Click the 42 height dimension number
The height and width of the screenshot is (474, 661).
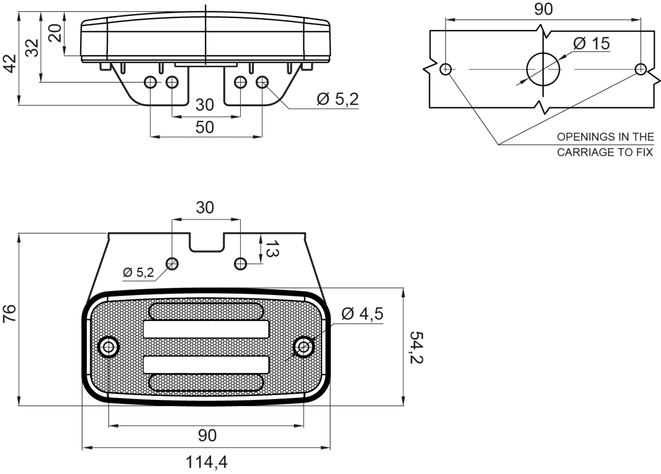[10, 63]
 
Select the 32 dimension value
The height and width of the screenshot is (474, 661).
[32, 47]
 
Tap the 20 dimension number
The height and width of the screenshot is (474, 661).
[55, 32]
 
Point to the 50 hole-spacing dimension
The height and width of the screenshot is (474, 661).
[205, 127]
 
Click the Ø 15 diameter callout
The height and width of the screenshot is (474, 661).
[592, 43]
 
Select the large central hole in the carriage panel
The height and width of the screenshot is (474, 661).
[543, 69]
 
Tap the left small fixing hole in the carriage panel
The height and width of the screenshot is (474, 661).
[446, 69]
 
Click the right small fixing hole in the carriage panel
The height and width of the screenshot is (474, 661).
[640, 69]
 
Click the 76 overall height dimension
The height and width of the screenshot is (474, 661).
[10, 313]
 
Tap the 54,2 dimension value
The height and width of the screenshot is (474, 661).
[416, 347]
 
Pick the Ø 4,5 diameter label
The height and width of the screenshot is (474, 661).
[362, 314]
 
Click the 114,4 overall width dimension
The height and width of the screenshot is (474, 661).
[207, 463]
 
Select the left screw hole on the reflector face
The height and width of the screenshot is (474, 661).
[109, 347]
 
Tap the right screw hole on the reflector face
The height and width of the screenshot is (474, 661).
[303, 347]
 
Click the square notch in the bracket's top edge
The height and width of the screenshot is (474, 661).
[206, 242]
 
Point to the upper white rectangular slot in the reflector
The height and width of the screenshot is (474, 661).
[206, 329]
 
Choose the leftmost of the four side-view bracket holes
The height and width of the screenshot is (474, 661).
[150, 82]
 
